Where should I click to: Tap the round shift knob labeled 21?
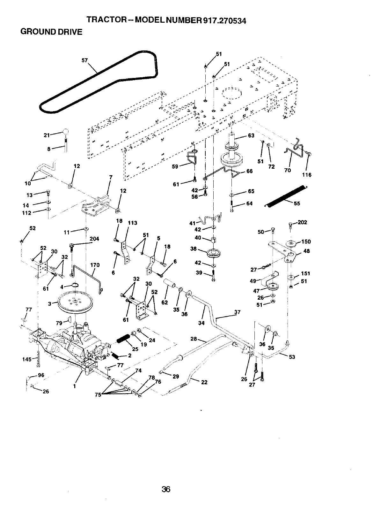[66, 131]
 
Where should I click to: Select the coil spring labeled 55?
[284, 195]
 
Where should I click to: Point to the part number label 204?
[94, 239]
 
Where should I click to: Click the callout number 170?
[95, 265]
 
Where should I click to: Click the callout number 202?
[302, 222]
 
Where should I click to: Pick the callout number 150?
[306, 241]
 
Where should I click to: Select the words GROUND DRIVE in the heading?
[51, 32]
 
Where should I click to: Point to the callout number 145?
[27, 359]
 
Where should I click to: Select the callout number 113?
[132, 223]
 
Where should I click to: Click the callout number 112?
[28, 212]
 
